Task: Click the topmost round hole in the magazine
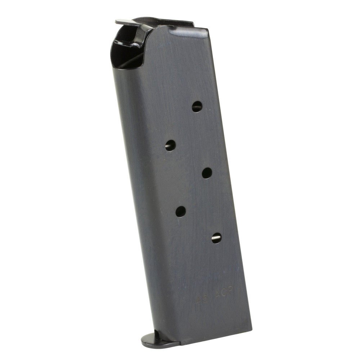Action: click(197, 106)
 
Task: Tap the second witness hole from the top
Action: click(170, 145)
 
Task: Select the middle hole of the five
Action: click(207, 173)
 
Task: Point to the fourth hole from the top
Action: click(181, 211)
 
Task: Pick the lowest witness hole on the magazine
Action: click(216, 238)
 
